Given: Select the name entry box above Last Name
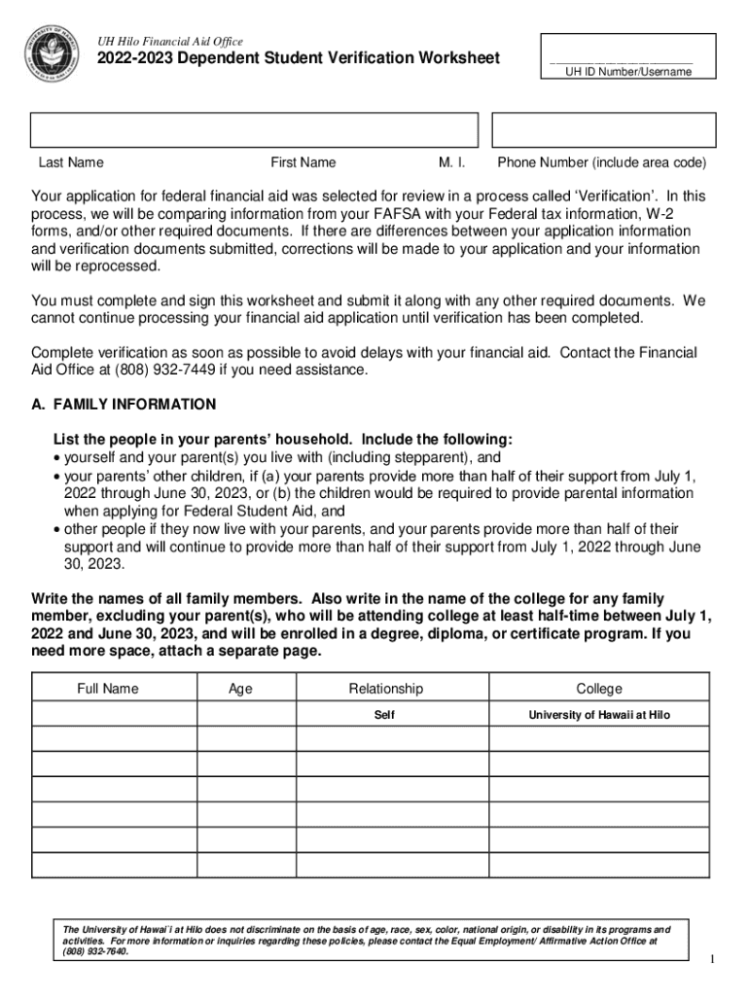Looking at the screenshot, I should [x=255, y=130].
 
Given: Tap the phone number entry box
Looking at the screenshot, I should [x=603, y=130].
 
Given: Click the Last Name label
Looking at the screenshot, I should [x=71, y=162].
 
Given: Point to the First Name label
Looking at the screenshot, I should [x=303, y=162].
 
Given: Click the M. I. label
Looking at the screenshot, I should [x=452, y=162].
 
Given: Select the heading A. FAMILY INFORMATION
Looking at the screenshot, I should [x=124, y=404].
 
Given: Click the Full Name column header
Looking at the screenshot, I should [x=108, y=689].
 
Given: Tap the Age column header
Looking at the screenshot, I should [x=240, y=689].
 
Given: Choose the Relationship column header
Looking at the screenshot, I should [x=386, y=689].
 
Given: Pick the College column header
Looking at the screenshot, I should [x=598, y=689].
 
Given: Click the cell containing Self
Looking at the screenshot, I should [x=385, y=715].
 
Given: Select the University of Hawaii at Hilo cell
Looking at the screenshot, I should [x=598, y=715].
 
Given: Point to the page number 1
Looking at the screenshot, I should [x=712, y=960].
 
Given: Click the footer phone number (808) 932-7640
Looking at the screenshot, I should [x=95, y=951].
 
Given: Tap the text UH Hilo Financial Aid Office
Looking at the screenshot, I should [x=162, y=42].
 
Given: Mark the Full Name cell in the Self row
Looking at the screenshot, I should [x=115, y=715].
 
